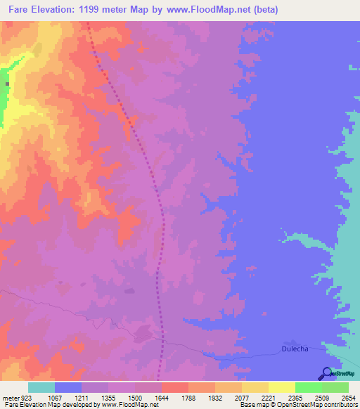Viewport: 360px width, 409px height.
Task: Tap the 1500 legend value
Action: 136,397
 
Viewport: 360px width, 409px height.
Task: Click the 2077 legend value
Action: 243,397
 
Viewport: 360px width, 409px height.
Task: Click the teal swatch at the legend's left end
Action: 41,387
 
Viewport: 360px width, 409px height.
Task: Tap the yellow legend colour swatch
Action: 281,387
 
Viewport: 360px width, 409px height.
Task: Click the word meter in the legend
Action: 10,397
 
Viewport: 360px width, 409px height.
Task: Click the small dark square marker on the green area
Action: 8,84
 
